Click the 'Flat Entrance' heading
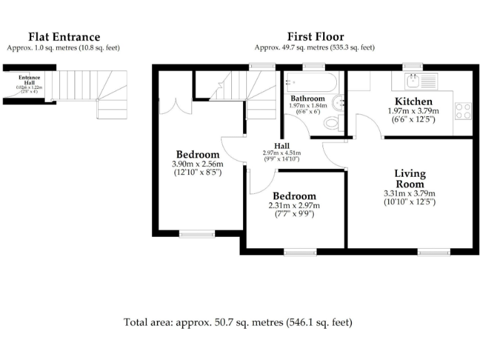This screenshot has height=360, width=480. (x=63, y=37)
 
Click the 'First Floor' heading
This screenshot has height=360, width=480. (x=315, y=37)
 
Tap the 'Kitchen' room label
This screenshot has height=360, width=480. (x=413, y=101)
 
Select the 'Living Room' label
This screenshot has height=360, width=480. (x=409, y=178)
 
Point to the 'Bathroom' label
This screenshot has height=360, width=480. (x=307, y=99)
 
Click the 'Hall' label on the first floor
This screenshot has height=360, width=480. (x=281, y=146)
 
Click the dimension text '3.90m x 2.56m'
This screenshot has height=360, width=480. (x=197, y=164)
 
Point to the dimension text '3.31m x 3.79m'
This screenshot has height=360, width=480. (x=409, y=194)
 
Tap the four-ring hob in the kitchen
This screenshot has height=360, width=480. (x=462, y=111)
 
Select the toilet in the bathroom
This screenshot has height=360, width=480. (x=332, y=122)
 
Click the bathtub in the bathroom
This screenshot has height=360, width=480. (x=311, y=81)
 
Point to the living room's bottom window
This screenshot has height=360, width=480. (x=434, y=252)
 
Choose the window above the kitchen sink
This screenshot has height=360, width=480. (x=411, y=66)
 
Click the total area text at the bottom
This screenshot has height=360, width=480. (x=237, y=322)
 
